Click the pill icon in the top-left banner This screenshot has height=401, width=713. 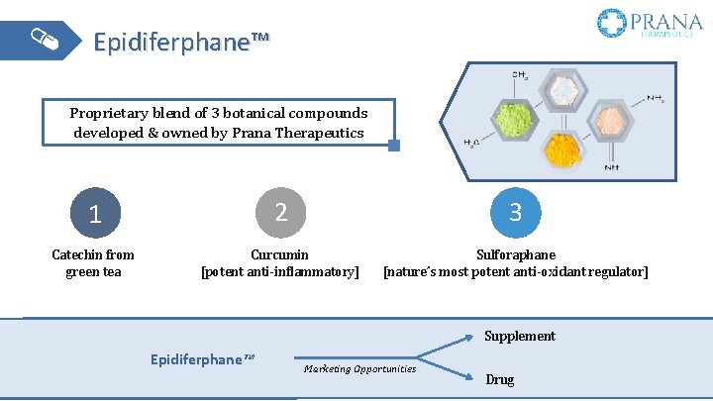tap(45, 40)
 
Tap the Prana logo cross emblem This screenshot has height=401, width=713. tap(612, 23)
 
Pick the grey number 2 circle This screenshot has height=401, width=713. tap(280, 211)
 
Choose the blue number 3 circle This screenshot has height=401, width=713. tap(516, 211)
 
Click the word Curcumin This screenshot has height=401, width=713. tap(279, 254)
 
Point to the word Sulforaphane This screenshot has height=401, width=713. tap(516, 254)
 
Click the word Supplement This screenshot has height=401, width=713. tap(520, 336)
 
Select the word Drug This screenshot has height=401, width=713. tap(500, 379)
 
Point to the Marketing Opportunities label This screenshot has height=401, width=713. tap(360, 368)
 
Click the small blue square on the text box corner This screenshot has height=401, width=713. tap(394, 146)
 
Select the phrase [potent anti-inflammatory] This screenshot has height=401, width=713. tap(280, 271)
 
